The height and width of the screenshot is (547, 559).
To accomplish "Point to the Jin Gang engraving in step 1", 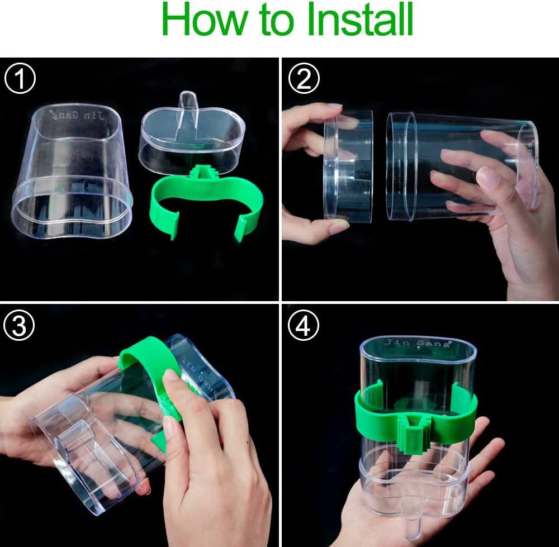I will pyautogui.click(x=86, y=116).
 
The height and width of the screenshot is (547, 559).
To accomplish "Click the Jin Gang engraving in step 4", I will pyautogui.click(x=417, y=343).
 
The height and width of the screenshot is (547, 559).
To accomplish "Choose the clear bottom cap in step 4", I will pyautogui.click(x=414, y=475).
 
